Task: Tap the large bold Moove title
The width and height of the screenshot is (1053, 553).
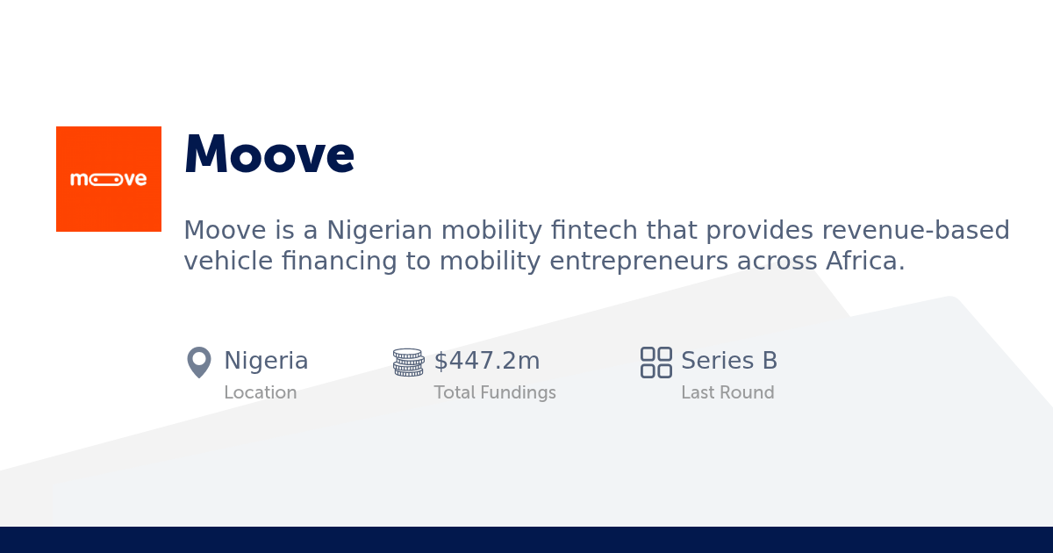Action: [269, 154]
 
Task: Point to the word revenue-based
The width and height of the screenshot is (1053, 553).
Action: [915, 231]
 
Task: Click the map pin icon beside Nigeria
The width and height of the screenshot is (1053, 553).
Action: [199, 362]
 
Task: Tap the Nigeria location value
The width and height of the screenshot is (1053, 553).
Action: [266, 361]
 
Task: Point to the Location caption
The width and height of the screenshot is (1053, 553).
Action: [260, 393]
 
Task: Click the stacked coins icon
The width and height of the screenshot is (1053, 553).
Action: [409, 362]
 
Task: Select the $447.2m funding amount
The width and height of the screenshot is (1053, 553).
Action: [487, 361]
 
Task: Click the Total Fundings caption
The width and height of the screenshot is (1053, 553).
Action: [495, 393]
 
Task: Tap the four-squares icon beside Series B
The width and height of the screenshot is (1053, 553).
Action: [656, 362]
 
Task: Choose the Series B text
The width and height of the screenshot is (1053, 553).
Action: [729, 361]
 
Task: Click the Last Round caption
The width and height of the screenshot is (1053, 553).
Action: [727, 393]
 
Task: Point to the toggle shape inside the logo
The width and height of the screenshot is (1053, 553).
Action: [106, 180]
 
